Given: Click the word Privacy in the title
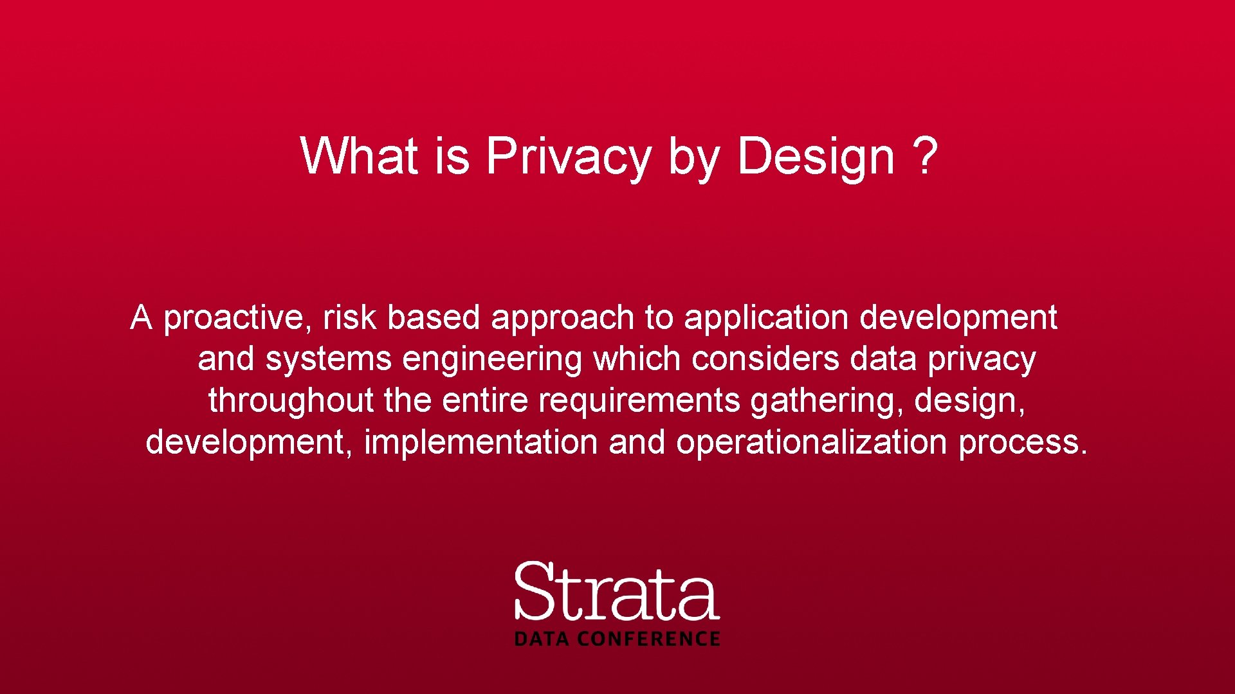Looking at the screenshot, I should pos(569,156).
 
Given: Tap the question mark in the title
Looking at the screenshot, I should pos(925,156).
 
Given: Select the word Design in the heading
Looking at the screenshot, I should pos(816,156).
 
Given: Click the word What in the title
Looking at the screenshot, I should pos(359,156).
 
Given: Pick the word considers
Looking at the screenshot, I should pos(765,359).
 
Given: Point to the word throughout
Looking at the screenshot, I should pos(291,401).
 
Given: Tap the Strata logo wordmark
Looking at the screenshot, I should pos(616,591).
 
